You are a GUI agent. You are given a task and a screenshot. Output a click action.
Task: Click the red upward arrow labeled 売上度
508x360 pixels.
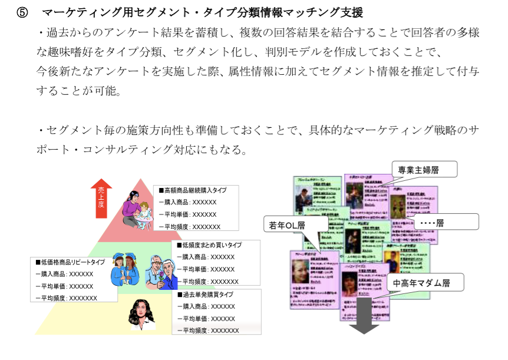point(101,199)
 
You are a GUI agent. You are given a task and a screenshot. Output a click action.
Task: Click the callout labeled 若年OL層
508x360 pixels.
point(287,224)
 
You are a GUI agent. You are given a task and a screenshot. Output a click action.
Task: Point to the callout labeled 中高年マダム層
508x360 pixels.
point(421,283)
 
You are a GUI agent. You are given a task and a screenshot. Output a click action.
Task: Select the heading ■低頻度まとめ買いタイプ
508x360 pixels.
point(209,245)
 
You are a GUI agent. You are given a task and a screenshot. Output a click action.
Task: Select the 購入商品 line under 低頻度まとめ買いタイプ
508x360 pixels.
point(206,257)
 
